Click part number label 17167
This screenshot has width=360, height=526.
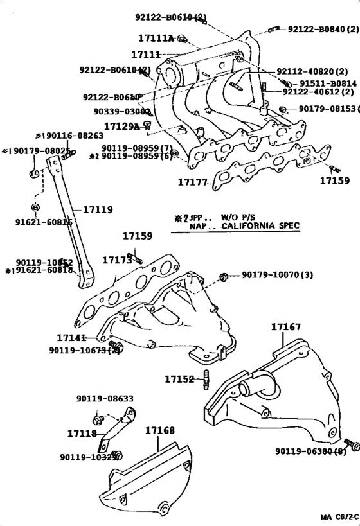(285, 328)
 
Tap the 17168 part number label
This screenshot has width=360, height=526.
(159, 430)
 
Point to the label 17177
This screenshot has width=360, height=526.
(193, 182)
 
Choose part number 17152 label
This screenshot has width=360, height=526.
(179, 380)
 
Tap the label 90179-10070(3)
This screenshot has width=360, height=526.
(277, 276)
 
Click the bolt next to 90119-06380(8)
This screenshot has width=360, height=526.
(352, 444)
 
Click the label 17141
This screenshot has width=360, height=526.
(71, 338)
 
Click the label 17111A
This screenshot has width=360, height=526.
(156, 39)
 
